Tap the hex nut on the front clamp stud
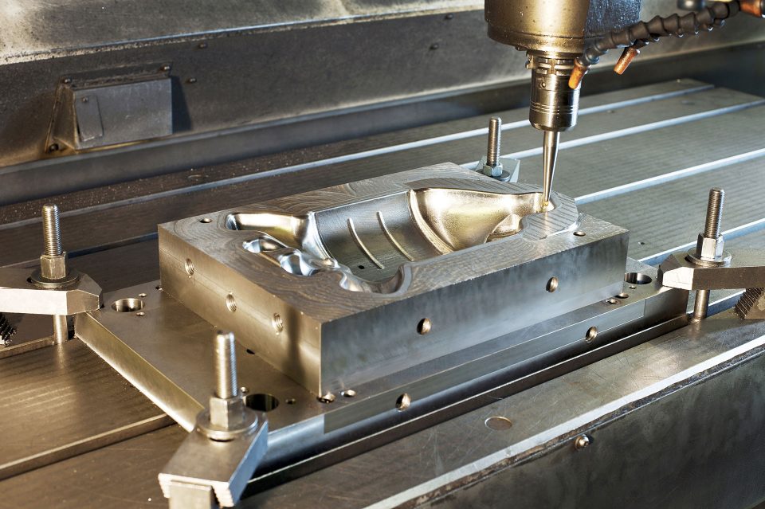[x=228, y=413]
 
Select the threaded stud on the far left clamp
[x=52, y=230]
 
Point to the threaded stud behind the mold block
[x=494, y=141]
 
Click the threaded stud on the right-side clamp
[x=713, y=213]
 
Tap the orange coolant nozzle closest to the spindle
[x=577, y=74]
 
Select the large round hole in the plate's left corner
[x=127, y=304]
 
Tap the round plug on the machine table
[x=499, y=423]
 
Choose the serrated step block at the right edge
[x=751, y=302]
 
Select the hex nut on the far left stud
[x=53, y=266]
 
